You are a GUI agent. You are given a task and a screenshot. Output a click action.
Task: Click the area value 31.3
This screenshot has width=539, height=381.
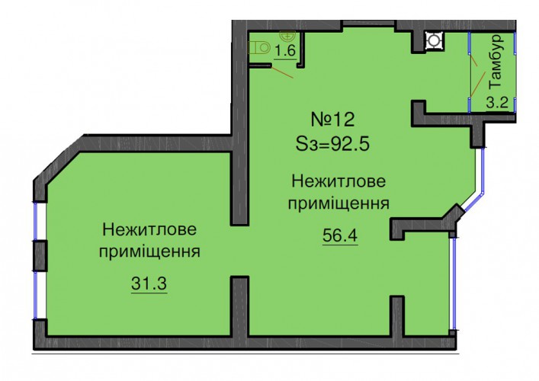click(x=149, y=283)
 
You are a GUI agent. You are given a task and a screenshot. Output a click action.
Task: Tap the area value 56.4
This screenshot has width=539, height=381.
click(x=340, y=235)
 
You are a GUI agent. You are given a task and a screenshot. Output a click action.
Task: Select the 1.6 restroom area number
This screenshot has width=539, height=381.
click(x=285, y=51)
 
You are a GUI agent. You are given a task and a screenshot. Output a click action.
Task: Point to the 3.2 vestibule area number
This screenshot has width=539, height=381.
click(x=497, y=102)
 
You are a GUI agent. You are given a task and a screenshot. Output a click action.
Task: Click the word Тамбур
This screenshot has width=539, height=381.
click(x=497, y=61)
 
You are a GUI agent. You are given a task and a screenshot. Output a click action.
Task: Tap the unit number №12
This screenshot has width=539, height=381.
click(x=332, y=120)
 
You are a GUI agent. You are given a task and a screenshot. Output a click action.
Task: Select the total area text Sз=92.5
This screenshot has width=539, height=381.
click(x=332, y=143)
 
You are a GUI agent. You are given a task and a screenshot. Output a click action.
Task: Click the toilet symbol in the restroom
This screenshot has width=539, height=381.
click(x=259, y=48)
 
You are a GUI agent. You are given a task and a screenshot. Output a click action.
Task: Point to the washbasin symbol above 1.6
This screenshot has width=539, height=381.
click(x=287, y=34)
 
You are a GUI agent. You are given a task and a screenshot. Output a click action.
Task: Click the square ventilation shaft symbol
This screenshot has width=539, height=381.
click(x=434, y=40)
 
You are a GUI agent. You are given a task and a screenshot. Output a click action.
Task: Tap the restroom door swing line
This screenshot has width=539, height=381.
click(x=282, y=72)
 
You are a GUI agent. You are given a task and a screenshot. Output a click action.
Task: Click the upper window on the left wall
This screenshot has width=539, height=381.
click(x=36, y=220)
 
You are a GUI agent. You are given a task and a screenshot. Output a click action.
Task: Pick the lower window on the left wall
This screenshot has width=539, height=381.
click(x=36, y=296)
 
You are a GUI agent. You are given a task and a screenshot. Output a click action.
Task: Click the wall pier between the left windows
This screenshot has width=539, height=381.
click(x=40, y=256)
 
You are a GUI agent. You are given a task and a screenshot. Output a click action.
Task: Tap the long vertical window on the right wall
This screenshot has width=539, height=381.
click(x=454, y=283)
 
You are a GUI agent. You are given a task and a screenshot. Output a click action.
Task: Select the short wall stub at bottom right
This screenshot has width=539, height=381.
click(x=398, y=317)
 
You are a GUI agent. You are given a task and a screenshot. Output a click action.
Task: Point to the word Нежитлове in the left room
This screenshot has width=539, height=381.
click(x=149, y=229)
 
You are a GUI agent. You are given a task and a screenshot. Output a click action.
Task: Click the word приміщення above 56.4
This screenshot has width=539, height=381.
click(x=338, y=203)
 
